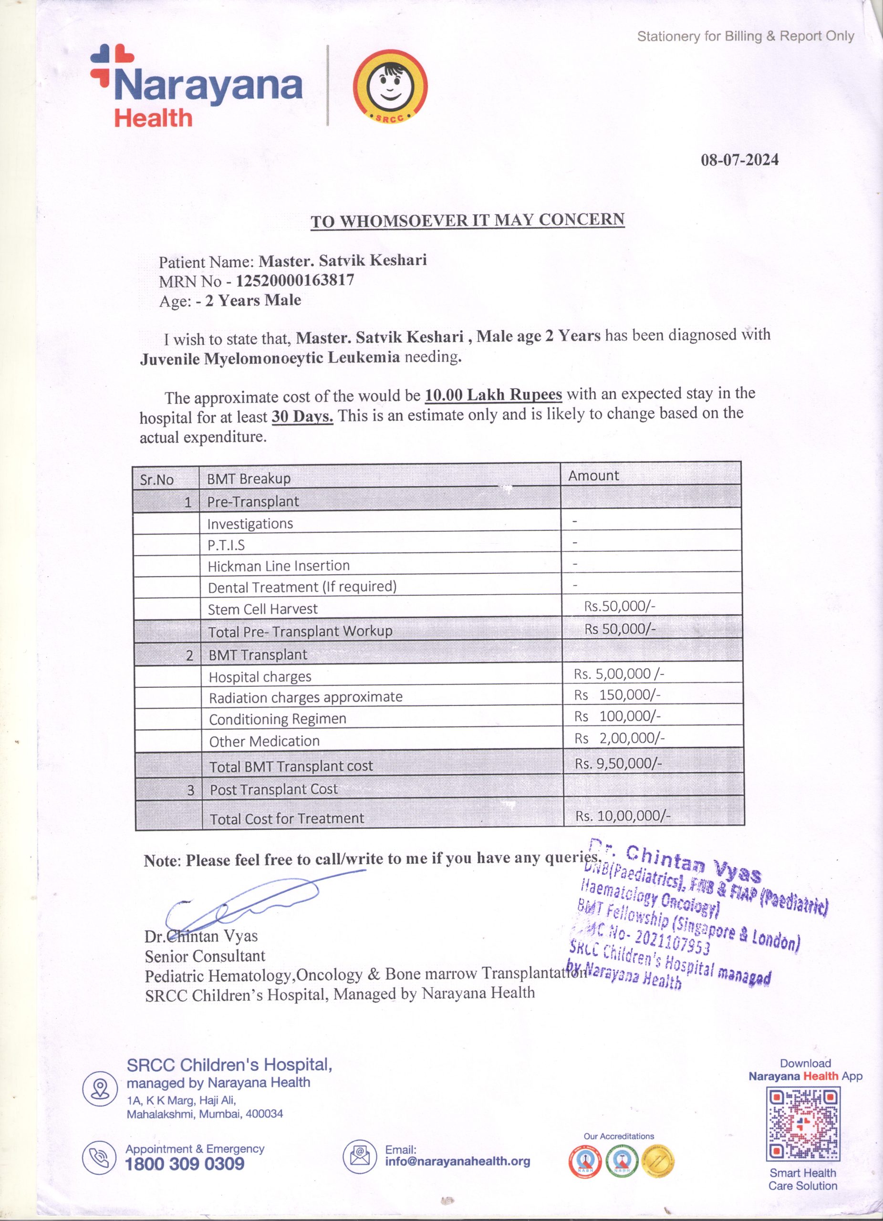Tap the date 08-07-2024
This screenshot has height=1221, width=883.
pyautogui.click(x=739, y=160)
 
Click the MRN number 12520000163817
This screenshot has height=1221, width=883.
pyautogui.click(x=295, y=280)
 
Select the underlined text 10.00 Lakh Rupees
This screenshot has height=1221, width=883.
pyautogui.click(x=493, y=394)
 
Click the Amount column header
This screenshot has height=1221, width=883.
pyautogui.click(x=593, y=476)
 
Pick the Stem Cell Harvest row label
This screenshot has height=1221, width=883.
pyautogui.click(x=263, y=609)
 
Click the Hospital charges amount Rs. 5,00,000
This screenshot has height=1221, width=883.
pyautogui.click(x=619, y=673)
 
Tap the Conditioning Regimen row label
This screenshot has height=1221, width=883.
pyautogui.click(x=277, y=719)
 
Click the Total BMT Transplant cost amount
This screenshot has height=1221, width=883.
pyautogui.click(x=618, y=764)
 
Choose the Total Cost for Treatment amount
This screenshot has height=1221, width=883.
pyautogui.click(x=623, y=816)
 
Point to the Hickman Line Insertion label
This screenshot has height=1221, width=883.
pyautogui.click(x=279, y=566)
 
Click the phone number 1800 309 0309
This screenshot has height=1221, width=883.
pyautogui.click(x=185, y=1164)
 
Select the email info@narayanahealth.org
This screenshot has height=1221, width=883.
pyautogui.click(x=457, y=1162)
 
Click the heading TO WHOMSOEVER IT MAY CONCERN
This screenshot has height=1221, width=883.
pyautogui.click(x=467, y=221)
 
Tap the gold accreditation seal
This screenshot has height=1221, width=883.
pyautogui.click(x=658, y=1161)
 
